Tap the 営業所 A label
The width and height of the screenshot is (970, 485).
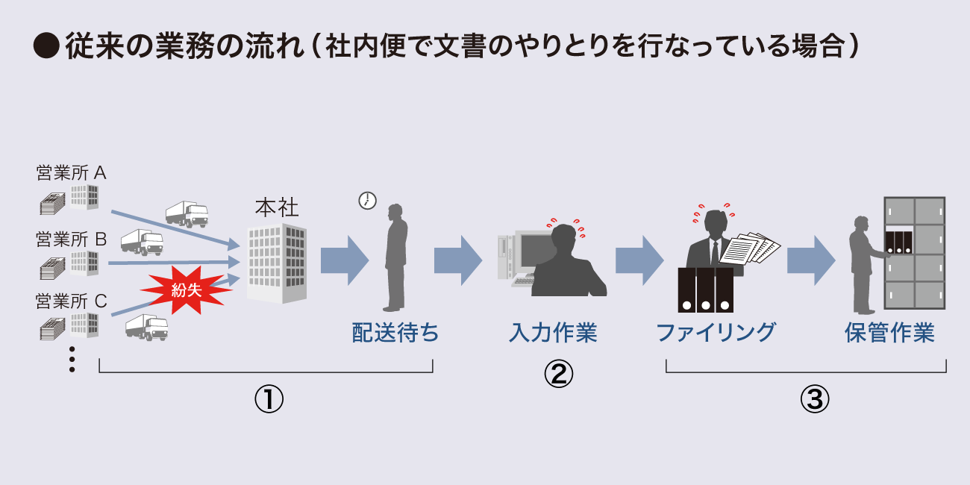click(x=71, y=173)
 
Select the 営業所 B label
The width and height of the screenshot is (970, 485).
click(x=72, y=240)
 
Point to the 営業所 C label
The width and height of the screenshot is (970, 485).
click(x=72, y=301)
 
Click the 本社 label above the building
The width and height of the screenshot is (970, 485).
click(x=277, y=207)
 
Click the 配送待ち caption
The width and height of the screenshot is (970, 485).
click(x=395, y=333)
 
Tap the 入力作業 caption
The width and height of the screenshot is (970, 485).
click(x=553, y=333)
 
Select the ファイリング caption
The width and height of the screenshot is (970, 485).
click(x=716, y=332)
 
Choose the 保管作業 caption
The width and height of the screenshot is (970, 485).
click(x=889, y=332)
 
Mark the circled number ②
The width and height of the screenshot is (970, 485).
click(x=558, y=374)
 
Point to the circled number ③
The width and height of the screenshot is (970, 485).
click(x=815, y=399)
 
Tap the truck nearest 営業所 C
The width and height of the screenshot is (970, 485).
click(x=146, y=327)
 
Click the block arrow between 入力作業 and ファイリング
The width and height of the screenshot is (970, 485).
click(x=639, y=260)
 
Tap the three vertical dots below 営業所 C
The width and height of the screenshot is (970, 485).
click(x=72, y=359)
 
